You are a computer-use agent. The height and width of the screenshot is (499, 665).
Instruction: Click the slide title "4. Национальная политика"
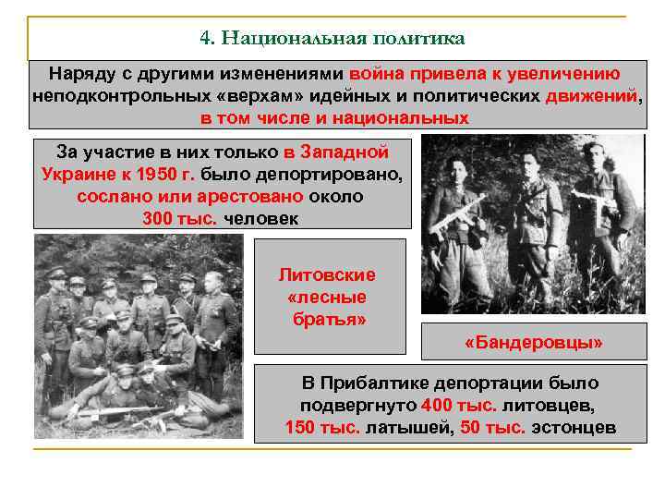[332, 39]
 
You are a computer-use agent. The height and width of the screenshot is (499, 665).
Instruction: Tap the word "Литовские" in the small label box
[327, 275]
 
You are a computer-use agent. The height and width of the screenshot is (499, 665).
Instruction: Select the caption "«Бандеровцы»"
[533, 343]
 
